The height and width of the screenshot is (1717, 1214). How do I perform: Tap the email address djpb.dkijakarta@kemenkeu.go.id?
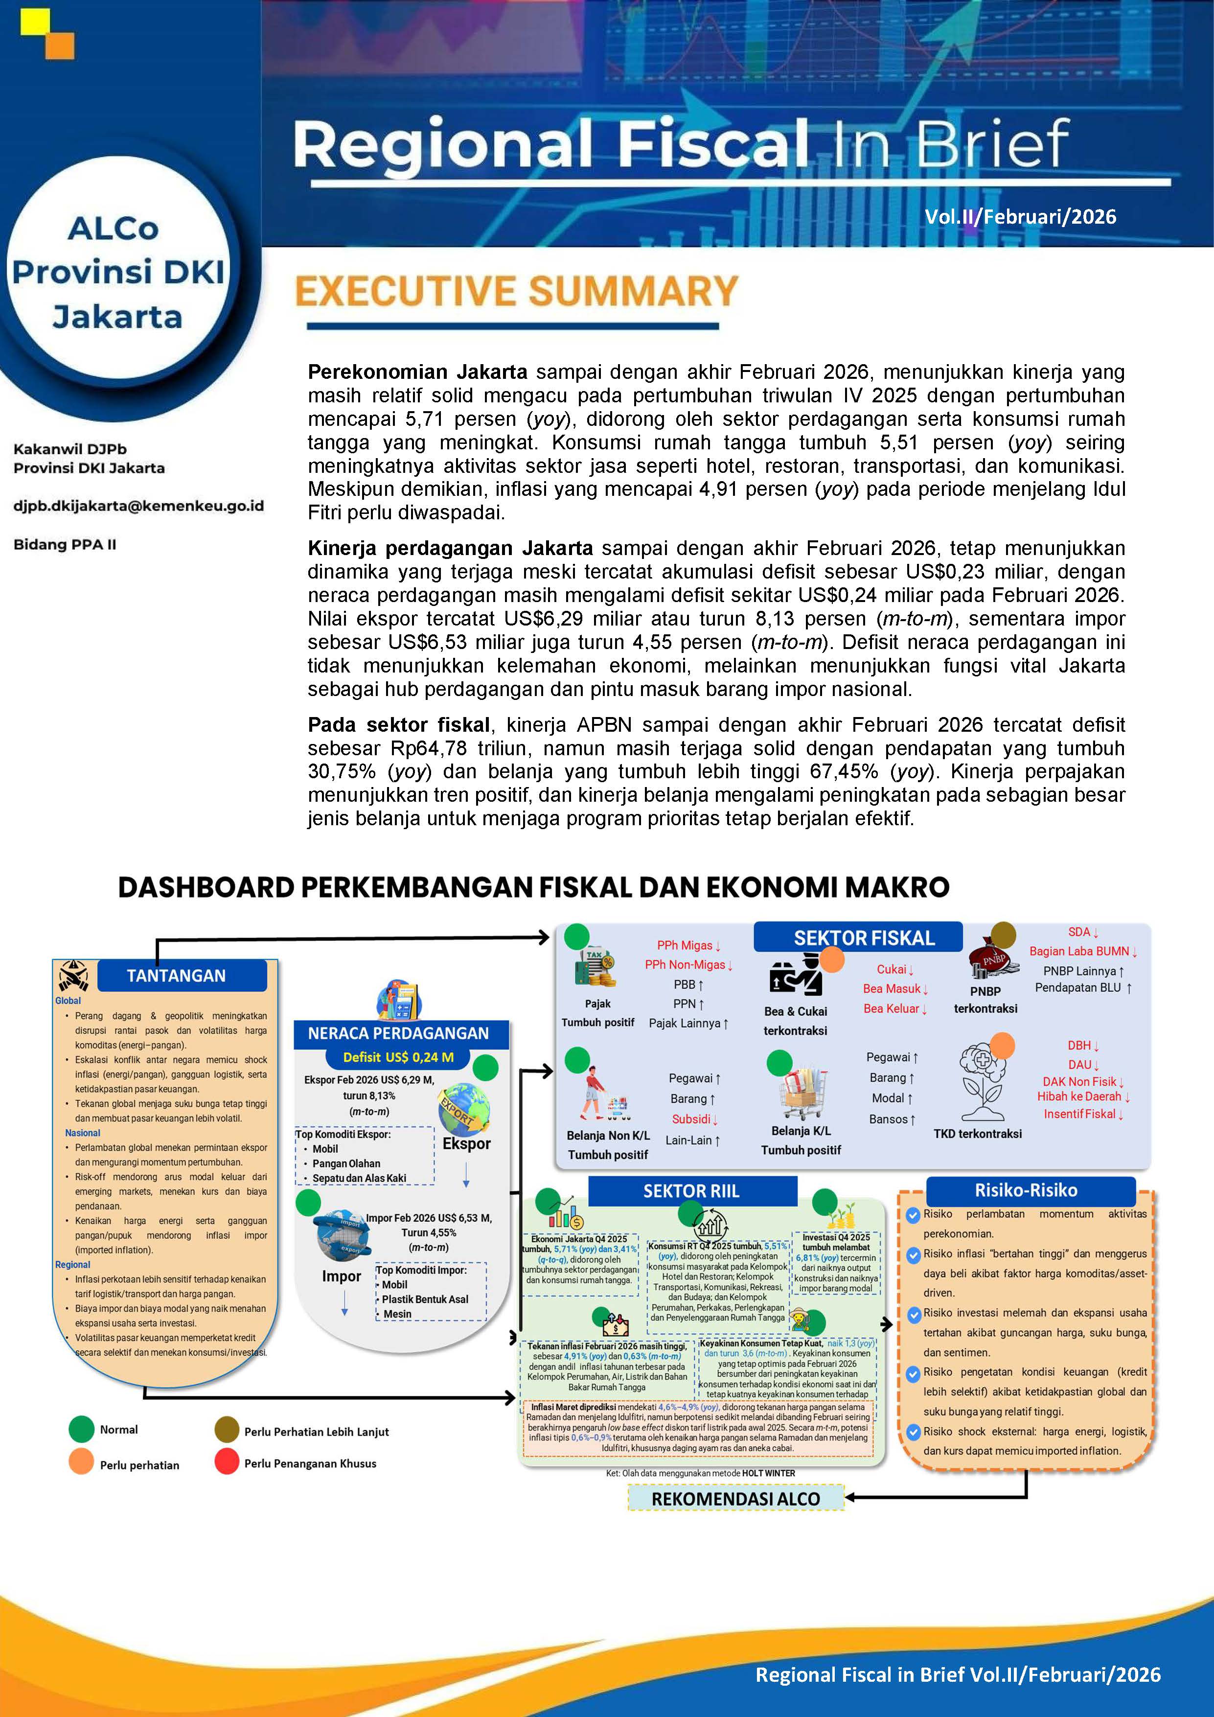point(138,506)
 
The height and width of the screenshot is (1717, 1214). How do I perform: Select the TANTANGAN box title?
point(177,975)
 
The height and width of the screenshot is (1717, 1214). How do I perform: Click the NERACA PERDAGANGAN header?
point(398,1033)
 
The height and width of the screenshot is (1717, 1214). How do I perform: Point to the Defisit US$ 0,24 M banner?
point(398,1057)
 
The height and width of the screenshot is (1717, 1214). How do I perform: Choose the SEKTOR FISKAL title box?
point(864,938)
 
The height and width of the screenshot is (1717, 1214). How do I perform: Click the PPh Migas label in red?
point(687,945)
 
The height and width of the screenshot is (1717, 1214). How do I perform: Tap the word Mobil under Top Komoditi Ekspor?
point(325,1149)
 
